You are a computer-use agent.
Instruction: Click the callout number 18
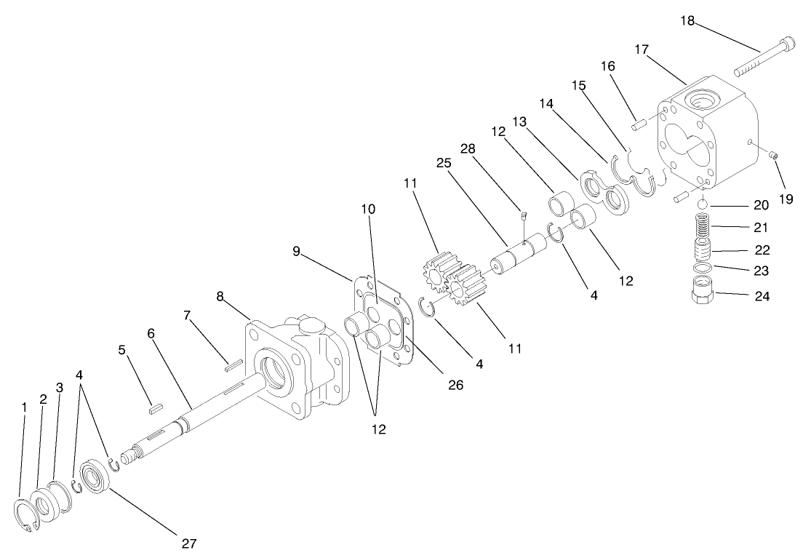coord(688,20)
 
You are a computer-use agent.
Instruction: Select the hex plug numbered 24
coord(702,297)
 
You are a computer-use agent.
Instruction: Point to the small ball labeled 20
coord(703,205)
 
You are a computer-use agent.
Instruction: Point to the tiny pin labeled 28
coord(522,214)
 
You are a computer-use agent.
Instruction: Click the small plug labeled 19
coord(775,154)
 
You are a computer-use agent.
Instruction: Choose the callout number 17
coord(642,49)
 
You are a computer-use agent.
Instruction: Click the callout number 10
coord(368,209)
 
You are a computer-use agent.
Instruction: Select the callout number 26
coord(455,386)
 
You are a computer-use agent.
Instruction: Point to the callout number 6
coord(151,333)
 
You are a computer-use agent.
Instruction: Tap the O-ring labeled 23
coord(702,269)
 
